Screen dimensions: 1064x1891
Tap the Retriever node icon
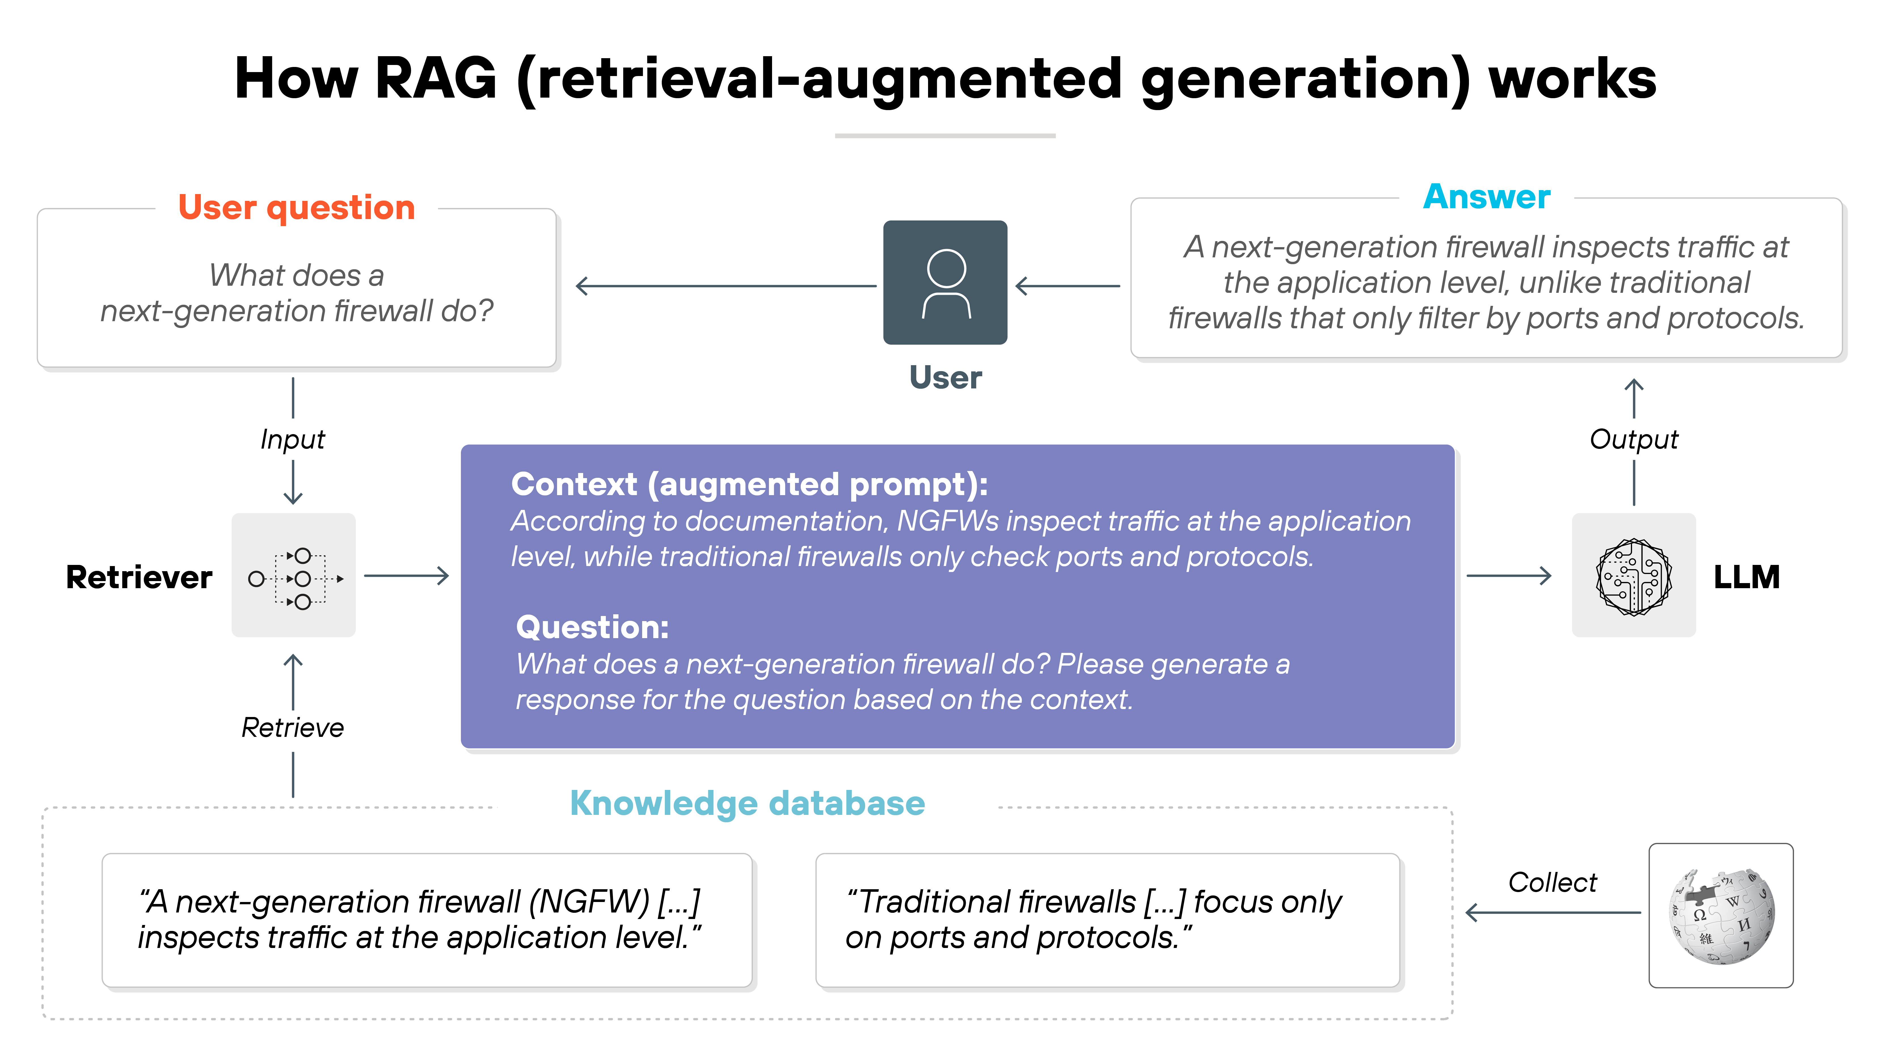click(x=294, y=576)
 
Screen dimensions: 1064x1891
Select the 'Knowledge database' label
click(x=747, y=803)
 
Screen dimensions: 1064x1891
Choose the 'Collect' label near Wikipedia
click(x=1552, y=882)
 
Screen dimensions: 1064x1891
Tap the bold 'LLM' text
click(x=1746, y=577)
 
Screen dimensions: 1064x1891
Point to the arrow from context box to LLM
click(x=1509, y=576)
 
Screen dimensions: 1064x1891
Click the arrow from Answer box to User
click(x=1068, y=286)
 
